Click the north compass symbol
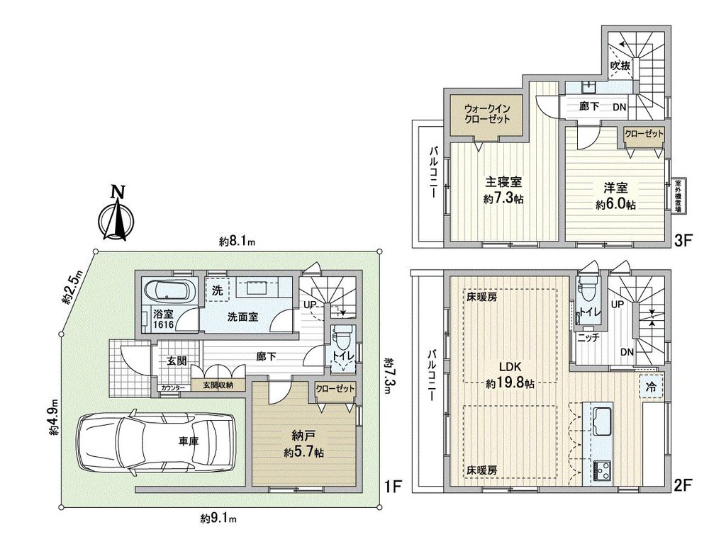[117, 212]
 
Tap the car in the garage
[155, 442]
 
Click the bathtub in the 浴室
[167, 290]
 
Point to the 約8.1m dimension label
[237, 241]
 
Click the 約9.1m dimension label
[218, 518]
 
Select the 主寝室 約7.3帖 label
[503, 191]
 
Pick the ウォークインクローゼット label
[488, 114]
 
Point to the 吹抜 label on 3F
[621, 66]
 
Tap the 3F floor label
[683, 241]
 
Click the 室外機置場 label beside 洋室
[678, 194]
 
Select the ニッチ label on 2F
[588, 338]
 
